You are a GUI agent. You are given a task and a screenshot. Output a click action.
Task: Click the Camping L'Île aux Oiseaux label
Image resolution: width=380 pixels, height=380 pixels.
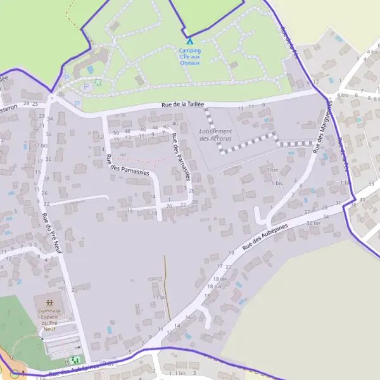[x=190, y=56]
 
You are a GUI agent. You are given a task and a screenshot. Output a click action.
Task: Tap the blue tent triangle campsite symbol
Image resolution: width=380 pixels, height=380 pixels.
[x=189, y=41]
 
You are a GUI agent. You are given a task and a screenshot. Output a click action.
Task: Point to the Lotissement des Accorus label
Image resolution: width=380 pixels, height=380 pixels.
[x=215, y=134]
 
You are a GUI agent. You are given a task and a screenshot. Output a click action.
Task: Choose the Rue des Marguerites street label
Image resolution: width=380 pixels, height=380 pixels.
[x=324, y=127]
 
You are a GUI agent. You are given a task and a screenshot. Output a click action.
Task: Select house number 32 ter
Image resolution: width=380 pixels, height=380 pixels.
[x=313, y=224]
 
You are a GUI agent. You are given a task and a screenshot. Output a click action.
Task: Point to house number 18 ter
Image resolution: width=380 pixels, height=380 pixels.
[x=220, y=279]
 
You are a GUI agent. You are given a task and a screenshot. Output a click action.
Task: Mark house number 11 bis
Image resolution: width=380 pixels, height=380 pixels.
[x=159, y=297]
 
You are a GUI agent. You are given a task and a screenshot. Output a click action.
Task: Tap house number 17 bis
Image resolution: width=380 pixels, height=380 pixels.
[x=41, y=145]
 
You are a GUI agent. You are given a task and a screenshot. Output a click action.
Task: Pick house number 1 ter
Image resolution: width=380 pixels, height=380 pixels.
[x=273, y=170]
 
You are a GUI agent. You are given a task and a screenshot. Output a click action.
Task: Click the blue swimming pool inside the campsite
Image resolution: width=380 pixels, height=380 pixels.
[x=89, y=68]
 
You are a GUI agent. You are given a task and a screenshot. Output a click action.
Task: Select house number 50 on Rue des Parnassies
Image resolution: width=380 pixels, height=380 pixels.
[x=116, y=132]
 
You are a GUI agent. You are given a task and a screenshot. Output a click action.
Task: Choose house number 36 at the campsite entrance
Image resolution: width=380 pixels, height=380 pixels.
[x=60, y=94]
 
